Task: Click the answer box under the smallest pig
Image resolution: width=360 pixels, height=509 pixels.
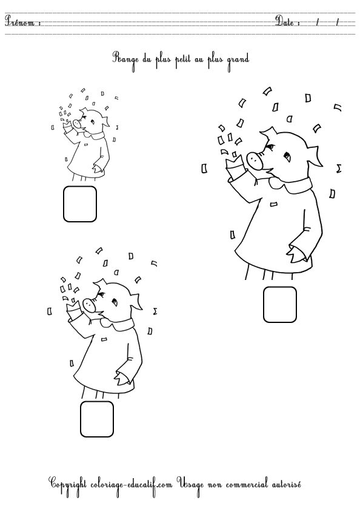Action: coord(80,204)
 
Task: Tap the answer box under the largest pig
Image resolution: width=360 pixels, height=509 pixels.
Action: coord(280,304)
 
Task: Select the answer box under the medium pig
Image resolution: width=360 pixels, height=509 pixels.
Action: coord(97,419)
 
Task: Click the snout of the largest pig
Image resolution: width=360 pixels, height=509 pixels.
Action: coord(255,160)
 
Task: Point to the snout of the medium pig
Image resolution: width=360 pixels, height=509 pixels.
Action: coord(88,304)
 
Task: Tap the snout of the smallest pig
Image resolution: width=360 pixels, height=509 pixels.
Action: coord(77,124)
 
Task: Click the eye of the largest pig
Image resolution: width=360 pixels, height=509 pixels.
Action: coord(287,157)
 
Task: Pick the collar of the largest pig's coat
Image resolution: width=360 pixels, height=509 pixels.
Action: coord(291,185)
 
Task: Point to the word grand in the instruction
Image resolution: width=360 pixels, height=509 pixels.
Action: coord(238,61)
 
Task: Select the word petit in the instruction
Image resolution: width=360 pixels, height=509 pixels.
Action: coord(184,60)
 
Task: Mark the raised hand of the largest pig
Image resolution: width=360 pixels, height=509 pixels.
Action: coord(235,163)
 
